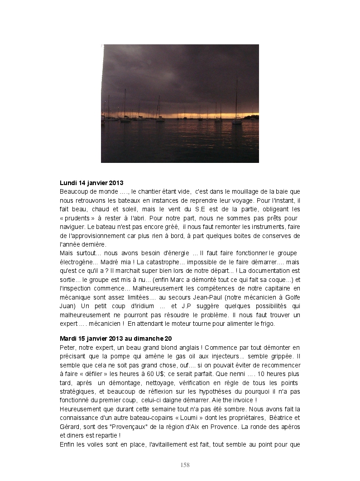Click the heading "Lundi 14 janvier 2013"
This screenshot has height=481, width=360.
point(91,183)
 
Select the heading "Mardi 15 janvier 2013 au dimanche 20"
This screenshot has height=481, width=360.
point(115,338)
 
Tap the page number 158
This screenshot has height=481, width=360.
point(185,465)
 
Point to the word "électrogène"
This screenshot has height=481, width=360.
point(78,262)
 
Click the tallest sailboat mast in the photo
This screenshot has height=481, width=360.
point(236,97)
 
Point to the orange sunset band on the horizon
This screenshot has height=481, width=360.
point(181,115)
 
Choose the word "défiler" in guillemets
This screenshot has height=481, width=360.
point(99,374)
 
